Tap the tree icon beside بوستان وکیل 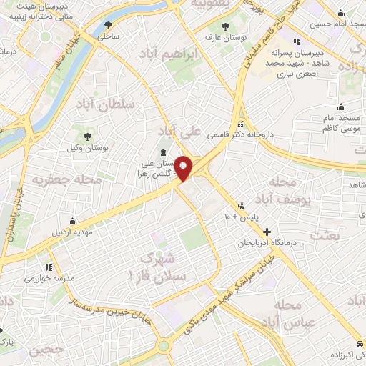click(88, 135)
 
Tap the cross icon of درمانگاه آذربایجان click(267, 232)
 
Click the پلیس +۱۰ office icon click(241, 204)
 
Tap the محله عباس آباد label click(288, 314)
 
